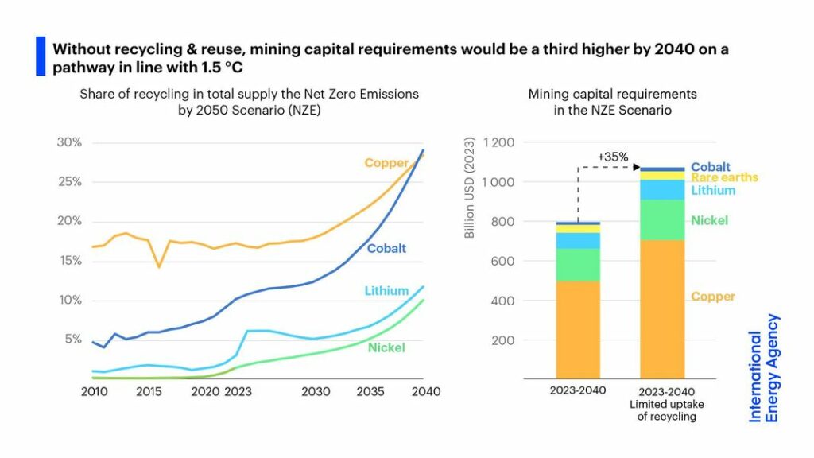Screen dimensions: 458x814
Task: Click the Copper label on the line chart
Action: click(386, 163)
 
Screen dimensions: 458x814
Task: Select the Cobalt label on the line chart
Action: click(387, 249)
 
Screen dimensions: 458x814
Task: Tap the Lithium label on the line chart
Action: click(386, 291)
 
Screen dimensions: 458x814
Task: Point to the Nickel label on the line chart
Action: click(386, 347)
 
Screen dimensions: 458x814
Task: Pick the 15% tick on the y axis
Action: click(70, 261)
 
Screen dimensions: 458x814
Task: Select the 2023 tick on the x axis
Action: click(237, 392)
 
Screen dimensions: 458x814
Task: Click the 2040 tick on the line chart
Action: click(425, 392)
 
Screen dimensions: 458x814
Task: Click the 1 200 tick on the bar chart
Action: click(497, 143)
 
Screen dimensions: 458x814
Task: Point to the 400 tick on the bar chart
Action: click(503, 301)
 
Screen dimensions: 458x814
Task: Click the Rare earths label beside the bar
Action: click(724, 178)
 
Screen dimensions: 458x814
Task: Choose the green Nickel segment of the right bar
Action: click(661, 219)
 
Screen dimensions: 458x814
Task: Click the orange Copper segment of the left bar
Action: click(578, 330)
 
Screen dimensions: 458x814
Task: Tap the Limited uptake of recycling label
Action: click(661, 410)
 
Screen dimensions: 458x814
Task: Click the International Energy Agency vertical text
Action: click(764, 367)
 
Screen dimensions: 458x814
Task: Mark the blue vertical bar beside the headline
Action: click(41, 56)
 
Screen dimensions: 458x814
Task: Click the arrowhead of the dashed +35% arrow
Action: click(638, 167)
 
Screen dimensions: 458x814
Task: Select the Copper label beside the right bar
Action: click(712, 297)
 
